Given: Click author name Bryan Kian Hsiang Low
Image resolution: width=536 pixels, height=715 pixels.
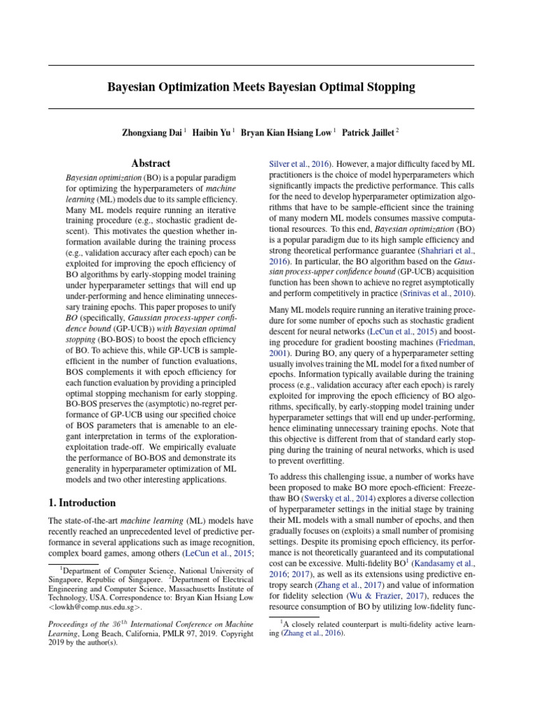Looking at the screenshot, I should point(287,131).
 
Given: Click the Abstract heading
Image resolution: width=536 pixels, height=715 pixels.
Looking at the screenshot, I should point(151,163).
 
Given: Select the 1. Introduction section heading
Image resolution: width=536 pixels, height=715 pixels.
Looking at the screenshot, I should point(82,502).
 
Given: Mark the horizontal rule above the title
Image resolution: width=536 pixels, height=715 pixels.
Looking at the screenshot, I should point(261,65).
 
